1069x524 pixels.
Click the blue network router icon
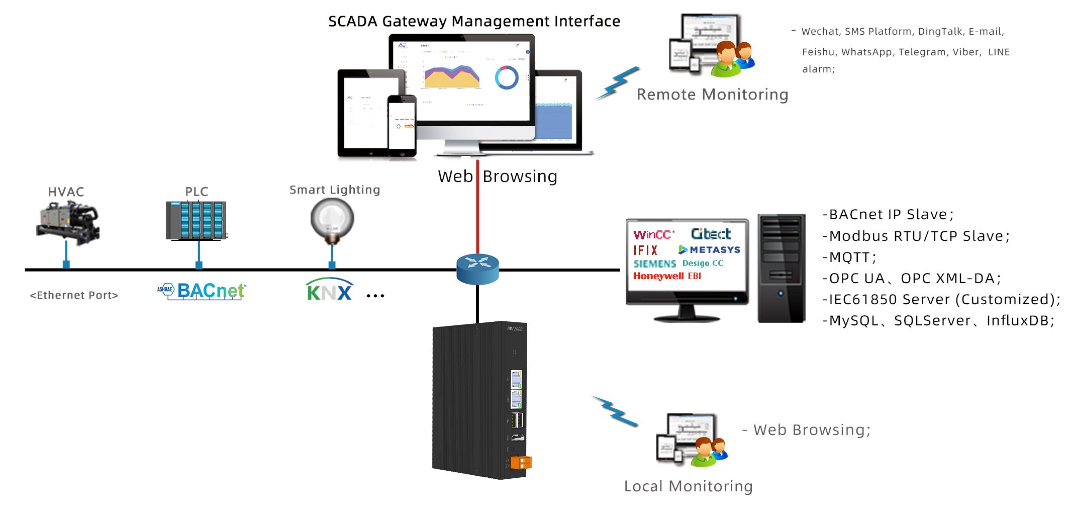477,269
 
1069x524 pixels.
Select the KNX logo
329,291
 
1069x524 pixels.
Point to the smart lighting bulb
332,219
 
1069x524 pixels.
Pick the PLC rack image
197,221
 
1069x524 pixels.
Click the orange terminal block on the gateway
521,462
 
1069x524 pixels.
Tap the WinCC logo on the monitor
652,235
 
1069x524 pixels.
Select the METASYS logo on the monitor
709,249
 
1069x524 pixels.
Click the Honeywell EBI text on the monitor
667,276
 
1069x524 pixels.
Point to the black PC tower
781,268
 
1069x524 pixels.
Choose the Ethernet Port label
74,295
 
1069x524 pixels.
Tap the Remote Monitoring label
712,95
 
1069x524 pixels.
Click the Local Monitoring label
688,486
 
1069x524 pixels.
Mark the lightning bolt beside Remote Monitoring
618,83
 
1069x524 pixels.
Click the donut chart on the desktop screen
506,77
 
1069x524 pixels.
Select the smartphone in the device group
402,126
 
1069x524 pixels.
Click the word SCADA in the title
352,22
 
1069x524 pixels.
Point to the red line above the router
477,211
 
